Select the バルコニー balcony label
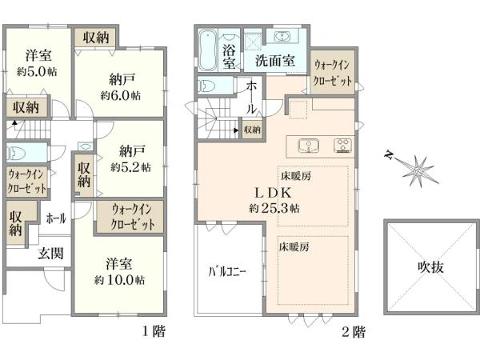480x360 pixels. (227, 270)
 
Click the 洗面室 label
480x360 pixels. (274, 60)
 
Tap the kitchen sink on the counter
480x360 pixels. (309, 146)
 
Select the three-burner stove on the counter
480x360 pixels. (342, 146)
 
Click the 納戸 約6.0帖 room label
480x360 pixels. (121, 86)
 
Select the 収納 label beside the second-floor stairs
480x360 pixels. (251, 130)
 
